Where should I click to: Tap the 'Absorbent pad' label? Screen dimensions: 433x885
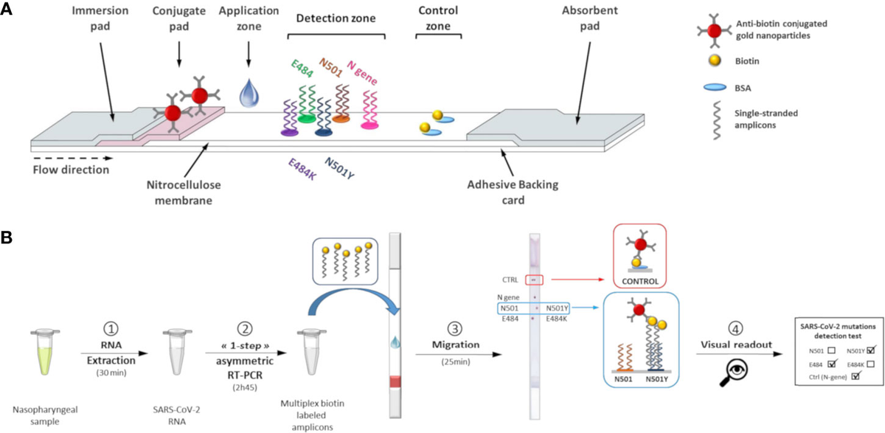click(583, 20)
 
